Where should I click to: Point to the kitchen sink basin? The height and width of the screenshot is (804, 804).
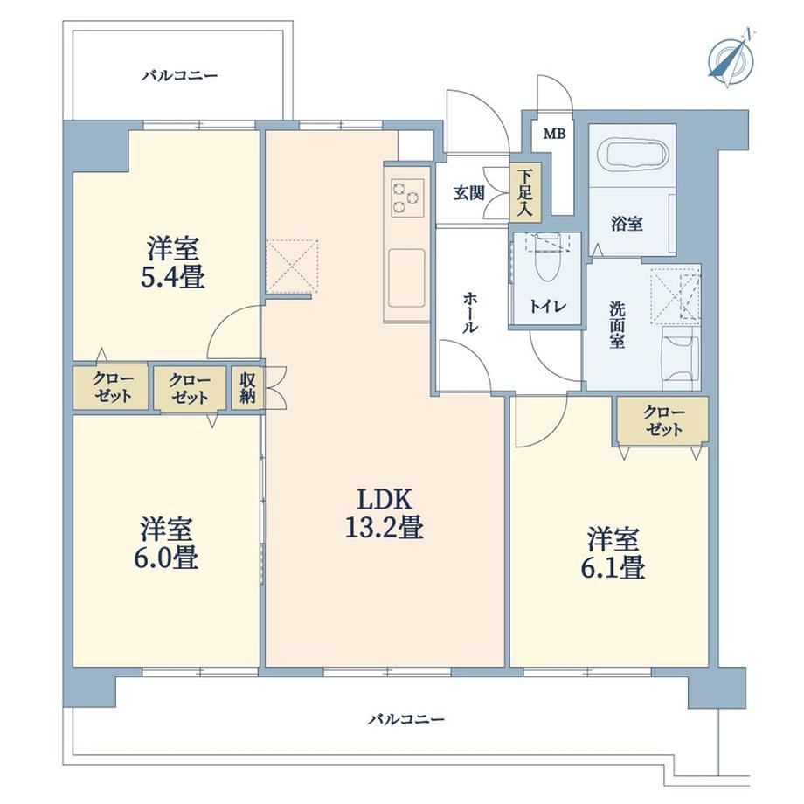point(406,277)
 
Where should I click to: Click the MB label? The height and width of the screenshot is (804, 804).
point(555,135)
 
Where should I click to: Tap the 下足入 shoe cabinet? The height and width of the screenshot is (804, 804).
point(525,193)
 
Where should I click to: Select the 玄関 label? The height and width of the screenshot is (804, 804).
point(468,193)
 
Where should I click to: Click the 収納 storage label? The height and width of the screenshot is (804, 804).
point(247,387)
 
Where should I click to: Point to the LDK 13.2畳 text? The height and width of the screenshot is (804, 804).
point(384,513)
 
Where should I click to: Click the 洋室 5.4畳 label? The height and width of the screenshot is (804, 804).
point(173,262)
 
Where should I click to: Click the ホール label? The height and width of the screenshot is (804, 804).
point(468,312)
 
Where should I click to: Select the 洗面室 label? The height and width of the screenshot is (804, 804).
point(617,324)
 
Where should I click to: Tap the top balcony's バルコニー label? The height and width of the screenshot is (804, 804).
point(180,76)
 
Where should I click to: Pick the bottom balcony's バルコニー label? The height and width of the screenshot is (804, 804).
point(406,720)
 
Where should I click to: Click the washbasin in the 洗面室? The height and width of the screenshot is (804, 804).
point(681,359)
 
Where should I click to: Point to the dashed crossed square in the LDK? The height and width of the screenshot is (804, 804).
point(292,267)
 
